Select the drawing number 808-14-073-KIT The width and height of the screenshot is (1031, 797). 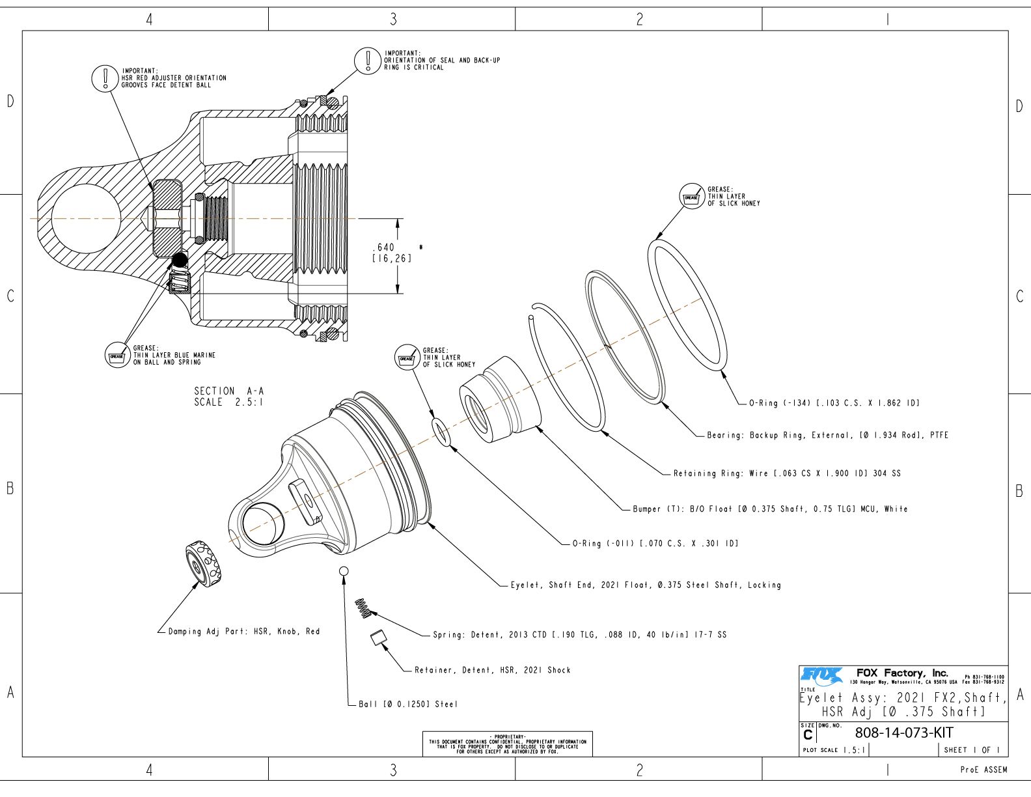pos(904,733)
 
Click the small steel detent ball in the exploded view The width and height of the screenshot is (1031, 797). pos(344,571)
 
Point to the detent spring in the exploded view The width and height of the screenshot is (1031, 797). pos(363,608)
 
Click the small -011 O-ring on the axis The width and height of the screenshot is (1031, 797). pos(441,432)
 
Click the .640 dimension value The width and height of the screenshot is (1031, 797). pos(384,247)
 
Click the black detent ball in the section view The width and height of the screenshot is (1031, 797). pos(179,260)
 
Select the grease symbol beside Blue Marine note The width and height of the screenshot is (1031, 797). pos(117,356)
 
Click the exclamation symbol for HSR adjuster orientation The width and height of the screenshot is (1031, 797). pos(104,77)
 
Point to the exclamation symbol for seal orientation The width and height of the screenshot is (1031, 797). pos(367,60)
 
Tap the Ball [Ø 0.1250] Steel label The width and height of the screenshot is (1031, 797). pos(408,704)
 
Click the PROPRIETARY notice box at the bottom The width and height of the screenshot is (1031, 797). pos(508,744)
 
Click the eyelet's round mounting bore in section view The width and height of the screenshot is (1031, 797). pos(85,218)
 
